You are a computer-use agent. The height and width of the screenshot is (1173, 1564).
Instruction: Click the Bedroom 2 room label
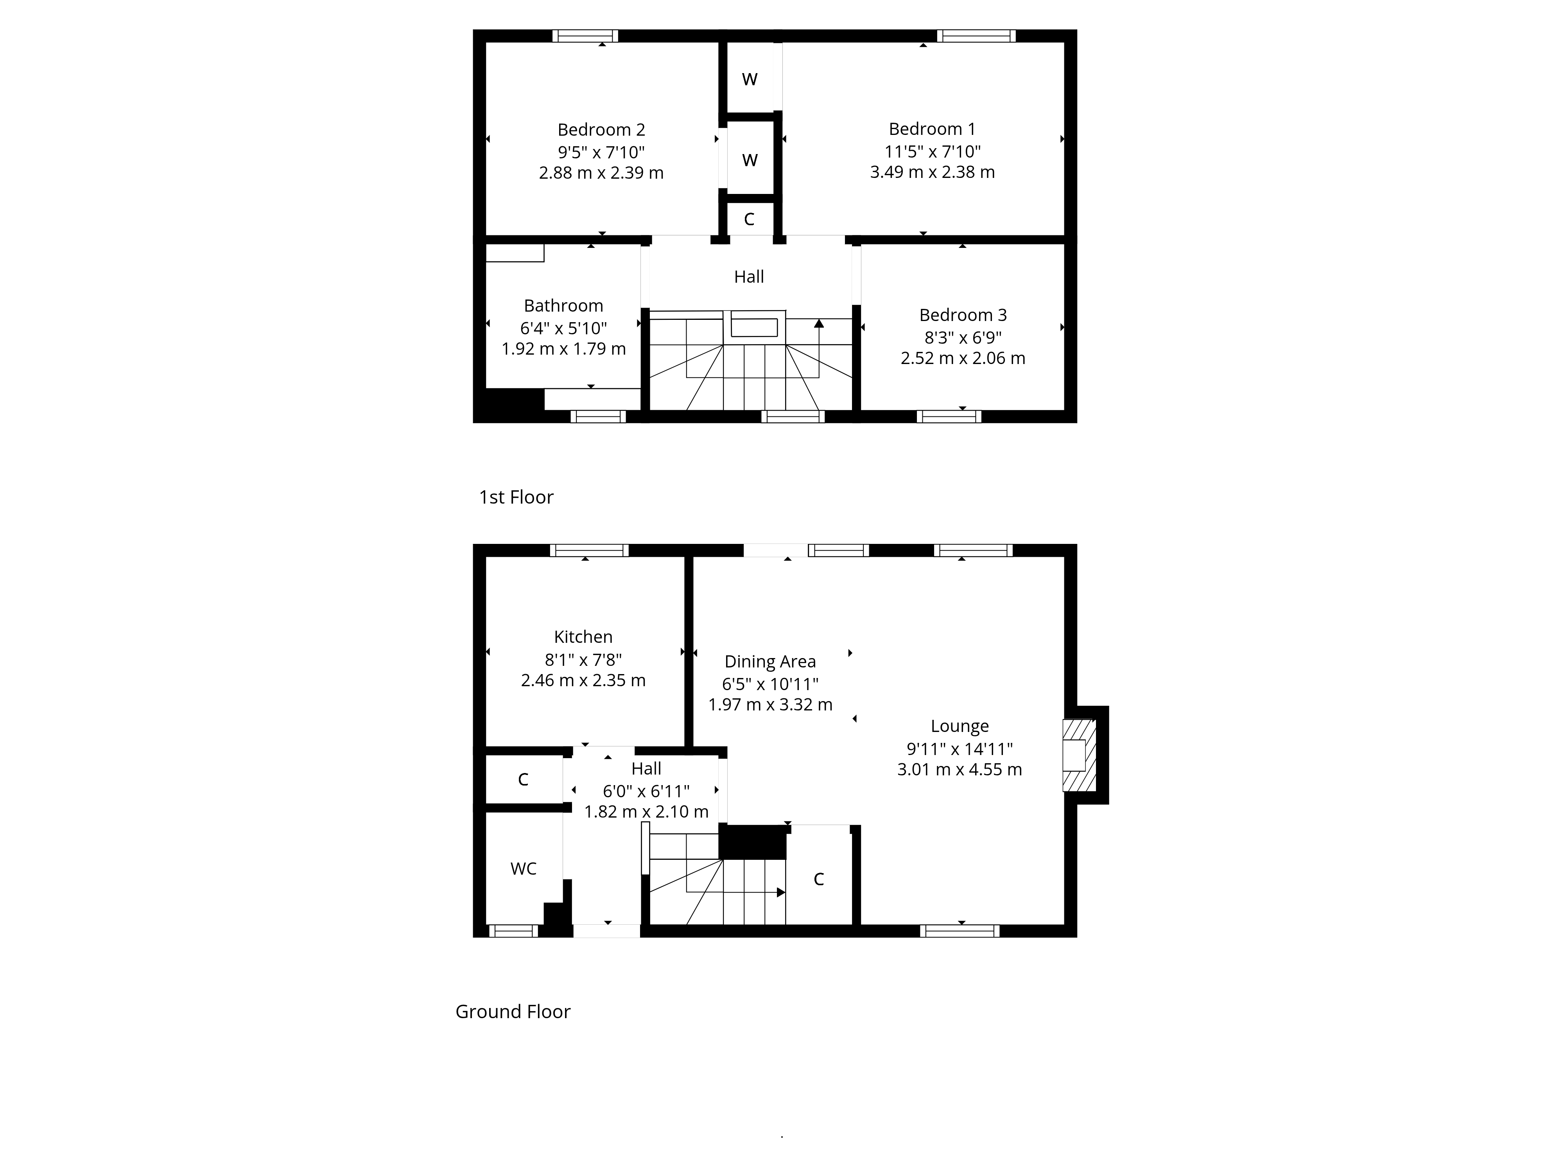pos(601,130)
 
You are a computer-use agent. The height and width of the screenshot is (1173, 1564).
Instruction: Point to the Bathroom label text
pos(563,306)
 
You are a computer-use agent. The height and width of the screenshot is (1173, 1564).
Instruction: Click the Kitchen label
pos(583,637)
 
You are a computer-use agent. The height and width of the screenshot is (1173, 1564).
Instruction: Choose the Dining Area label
pos(770,662)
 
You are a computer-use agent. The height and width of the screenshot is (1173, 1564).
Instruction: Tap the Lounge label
pos(960,726)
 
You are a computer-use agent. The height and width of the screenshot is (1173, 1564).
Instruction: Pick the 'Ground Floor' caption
pos(513,1012)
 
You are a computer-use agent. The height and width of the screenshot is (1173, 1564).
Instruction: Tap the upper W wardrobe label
pos(750,79)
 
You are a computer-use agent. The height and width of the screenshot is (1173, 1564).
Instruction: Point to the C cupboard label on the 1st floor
pos(750,219)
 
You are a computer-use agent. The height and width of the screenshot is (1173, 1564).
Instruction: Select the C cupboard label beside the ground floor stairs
pos(819,879)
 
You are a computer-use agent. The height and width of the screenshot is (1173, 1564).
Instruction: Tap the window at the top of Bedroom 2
pos(585,36)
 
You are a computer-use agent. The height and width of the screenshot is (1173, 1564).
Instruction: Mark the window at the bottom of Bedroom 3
pos(949,416)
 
